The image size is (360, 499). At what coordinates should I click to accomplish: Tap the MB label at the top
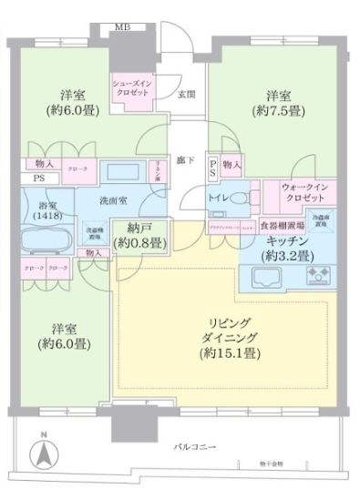coord(121,25)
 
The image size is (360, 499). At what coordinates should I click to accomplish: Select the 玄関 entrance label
coord(186,93)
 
